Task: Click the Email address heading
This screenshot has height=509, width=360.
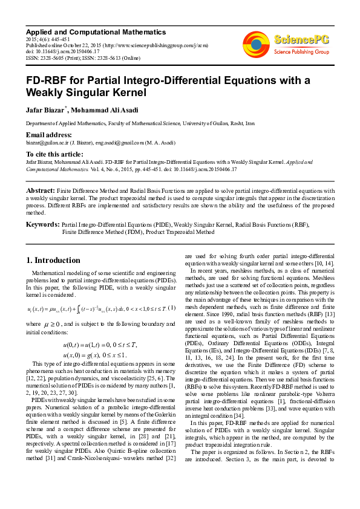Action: pyautogui.click(x=49, y=134)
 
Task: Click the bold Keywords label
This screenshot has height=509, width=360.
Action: pyautogui.click(x=42, y=224)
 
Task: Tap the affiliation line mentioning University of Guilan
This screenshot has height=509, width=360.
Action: pyautogui.click(x=140, y=123)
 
